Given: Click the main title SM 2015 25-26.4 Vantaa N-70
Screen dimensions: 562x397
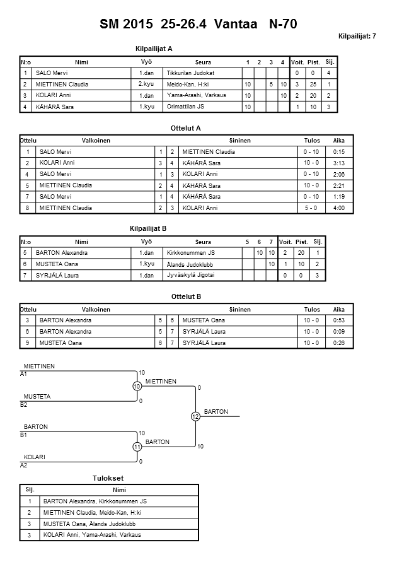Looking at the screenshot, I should click(198, 25).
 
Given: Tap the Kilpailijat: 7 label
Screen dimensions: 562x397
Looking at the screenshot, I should click(357, 36).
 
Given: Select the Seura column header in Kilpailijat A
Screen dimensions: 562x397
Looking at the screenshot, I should click(203, 62).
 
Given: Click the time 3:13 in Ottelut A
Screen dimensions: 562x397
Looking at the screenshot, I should click(339, 163).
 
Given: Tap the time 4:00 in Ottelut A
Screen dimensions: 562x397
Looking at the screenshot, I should click(339, 208).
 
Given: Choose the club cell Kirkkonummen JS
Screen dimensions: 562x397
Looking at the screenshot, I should click(190, 253).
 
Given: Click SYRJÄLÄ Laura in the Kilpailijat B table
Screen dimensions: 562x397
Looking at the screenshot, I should click(57, 276).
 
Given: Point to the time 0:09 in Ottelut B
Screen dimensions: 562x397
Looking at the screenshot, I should click(339, 332).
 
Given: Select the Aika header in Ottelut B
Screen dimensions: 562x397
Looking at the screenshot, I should click(339, 310).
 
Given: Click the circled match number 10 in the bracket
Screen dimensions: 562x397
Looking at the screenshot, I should click(137, 386).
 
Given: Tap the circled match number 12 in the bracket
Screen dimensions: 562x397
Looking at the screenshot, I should click(195, 416).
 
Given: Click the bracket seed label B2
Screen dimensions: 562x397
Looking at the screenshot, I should click(24, 404).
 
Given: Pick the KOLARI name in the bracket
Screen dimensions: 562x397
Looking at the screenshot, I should click(35, 457).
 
